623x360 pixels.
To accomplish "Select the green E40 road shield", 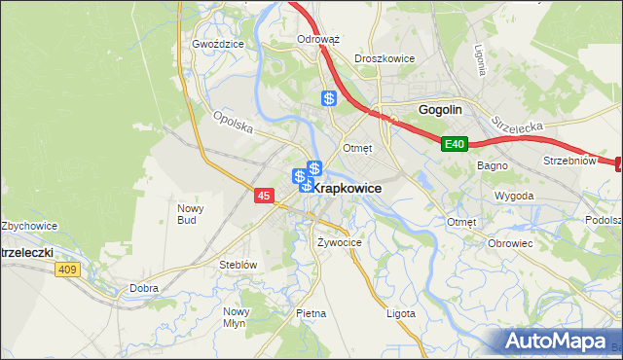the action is point(455,145).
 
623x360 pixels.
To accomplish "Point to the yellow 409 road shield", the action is point(67,270).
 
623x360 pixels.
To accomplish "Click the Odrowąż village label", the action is point(317,40).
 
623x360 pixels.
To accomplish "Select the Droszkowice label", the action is point(385,58).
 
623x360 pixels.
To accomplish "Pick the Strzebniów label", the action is point(568,161).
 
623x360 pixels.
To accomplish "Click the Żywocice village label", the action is point(340,241).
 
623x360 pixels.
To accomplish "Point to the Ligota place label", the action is point(400,313).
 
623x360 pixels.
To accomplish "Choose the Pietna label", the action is point(311,313).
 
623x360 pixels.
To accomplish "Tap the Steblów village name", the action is point(238,264).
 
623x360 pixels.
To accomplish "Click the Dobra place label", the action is point(143,288).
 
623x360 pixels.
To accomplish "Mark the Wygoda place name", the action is point(514,196).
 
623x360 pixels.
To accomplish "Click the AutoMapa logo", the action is point(559,342).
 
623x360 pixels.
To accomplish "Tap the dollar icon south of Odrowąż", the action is point(330,98).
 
